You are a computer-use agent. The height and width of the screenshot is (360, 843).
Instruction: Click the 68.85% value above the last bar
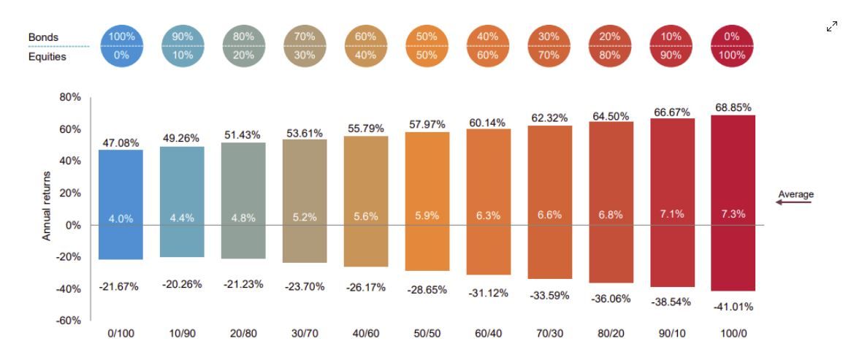click(x=732, y=107)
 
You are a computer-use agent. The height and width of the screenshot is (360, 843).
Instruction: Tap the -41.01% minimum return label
click(x=732, y=307)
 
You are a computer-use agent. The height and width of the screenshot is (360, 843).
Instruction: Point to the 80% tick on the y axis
click(x=70, y=98)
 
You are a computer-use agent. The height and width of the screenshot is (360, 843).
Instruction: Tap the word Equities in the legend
click(x=47, y=56)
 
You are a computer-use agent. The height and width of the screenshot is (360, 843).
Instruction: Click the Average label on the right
click(x=795, y=194)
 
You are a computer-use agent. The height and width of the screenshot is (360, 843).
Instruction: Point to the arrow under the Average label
click(x=793, y=203)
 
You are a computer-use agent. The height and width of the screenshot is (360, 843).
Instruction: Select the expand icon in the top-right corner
click(x=831, y=27)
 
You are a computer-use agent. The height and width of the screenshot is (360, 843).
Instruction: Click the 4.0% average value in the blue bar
click(x=120, y=218)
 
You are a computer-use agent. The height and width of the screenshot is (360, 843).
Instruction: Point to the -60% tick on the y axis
click(x=69, y=321)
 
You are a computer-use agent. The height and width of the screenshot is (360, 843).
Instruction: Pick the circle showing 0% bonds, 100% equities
click(x=732, y=45)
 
